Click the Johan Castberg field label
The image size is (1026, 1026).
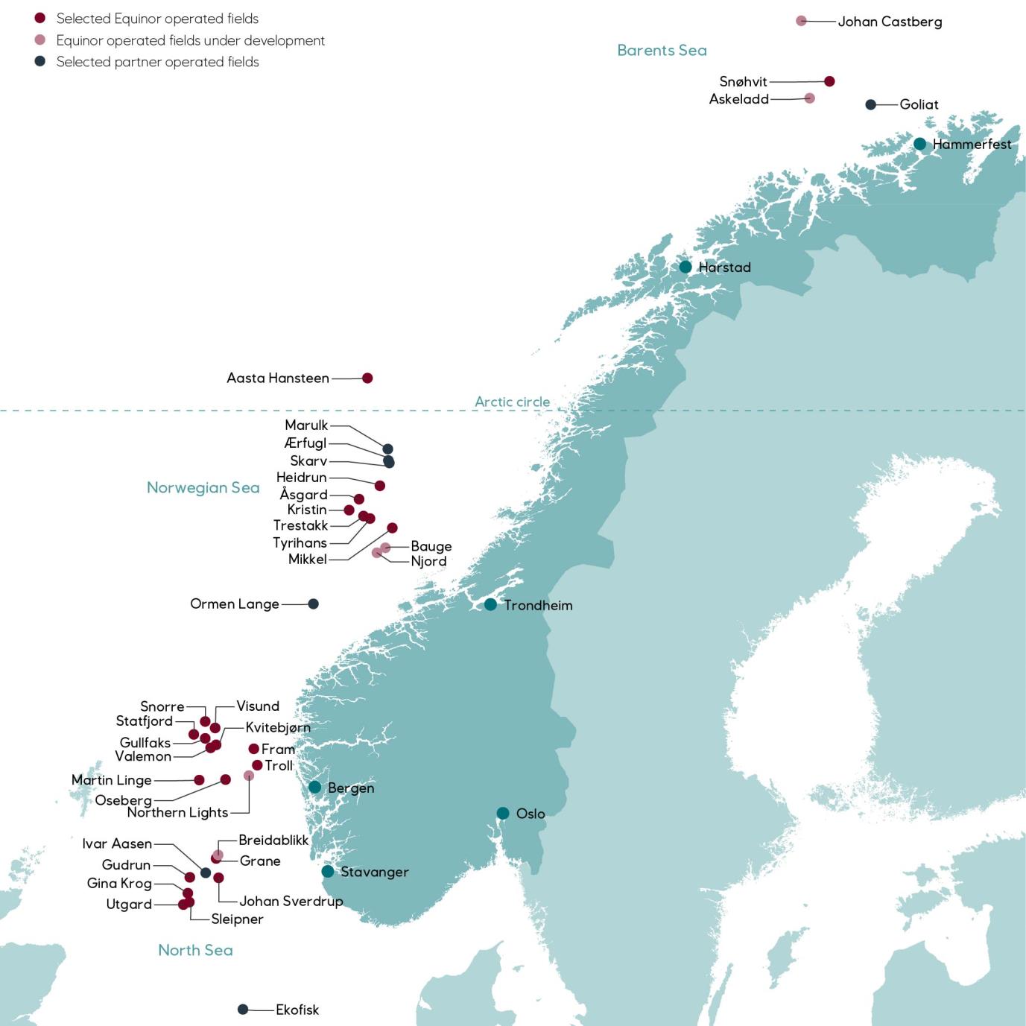[890, 22]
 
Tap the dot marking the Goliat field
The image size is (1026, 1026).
[870, 104]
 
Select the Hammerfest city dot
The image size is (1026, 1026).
[920, 144]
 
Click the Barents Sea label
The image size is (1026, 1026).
[662, 51]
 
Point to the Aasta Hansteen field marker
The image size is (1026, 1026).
[367, 378]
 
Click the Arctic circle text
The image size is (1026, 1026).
[513, 402]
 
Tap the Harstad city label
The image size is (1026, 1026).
[724, 267]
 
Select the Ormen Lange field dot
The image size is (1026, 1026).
[314, 604]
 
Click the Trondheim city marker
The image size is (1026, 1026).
[490, 604]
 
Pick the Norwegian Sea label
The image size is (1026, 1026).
[203, 488]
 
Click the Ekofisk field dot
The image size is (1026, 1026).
[243, 1010]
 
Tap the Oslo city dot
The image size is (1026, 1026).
[503, 813]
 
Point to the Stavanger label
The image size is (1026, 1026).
[374, 872]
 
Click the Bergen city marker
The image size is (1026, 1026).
[315, 787]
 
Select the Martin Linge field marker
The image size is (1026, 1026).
[199, 780]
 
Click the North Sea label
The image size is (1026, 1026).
[195, 950]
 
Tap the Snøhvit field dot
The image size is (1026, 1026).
[829, 81]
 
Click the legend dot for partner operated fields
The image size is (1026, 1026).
[40, 61]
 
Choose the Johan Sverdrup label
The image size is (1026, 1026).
[291, 902]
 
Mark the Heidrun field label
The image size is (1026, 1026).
[301, 478]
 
